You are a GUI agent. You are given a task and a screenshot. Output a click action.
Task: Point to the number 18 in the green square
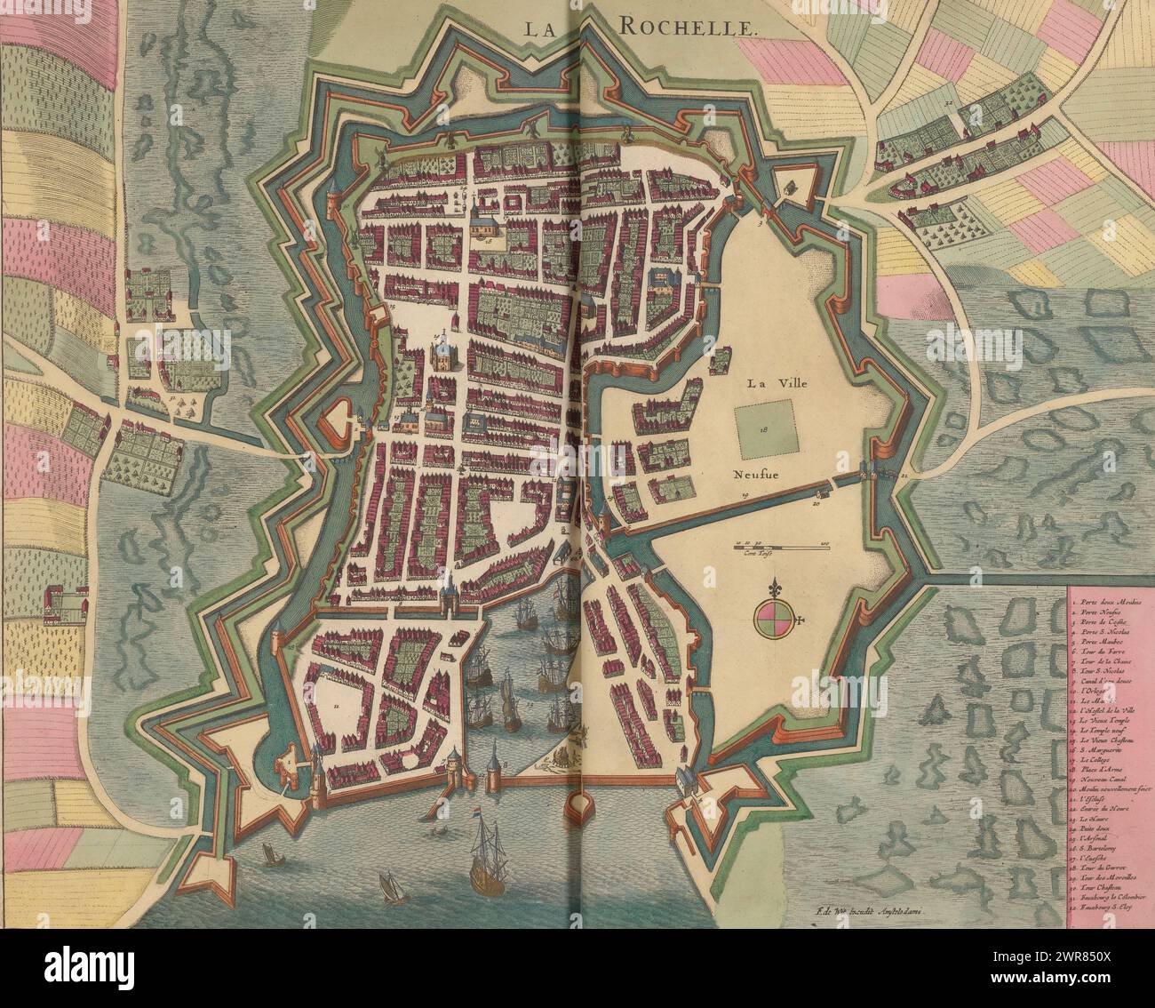click(763, 428)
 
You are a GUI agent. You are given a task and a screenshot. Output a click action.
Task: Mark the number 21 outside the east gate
click(904, 477)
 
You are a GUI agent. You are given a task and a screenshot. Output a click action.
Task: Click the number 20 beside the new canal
click(816, 502)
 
